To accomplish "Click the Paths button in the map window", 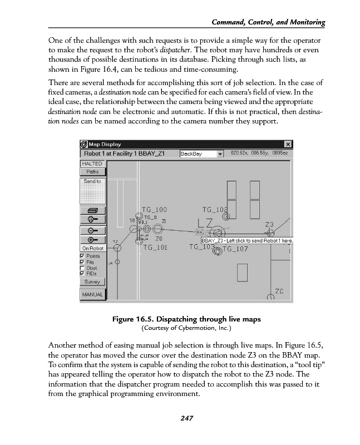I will (92, 172).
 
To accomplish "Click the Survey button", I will (92, 282).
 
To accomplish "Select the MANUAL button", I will (92, 294).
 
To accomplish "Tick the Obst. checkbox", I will (83, 268).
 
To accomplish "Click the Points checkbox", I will (83, 256).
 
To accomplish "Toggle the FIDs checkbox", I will (83, 273).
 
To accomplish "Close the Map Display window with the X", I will (287, 144).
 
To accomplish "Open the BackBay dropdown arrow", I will (220, 153).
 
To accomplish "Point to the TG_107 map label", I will (236, 249).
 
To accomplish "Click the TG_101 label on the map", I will (154, 247).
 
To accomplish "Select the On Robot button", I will (92, 248).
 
